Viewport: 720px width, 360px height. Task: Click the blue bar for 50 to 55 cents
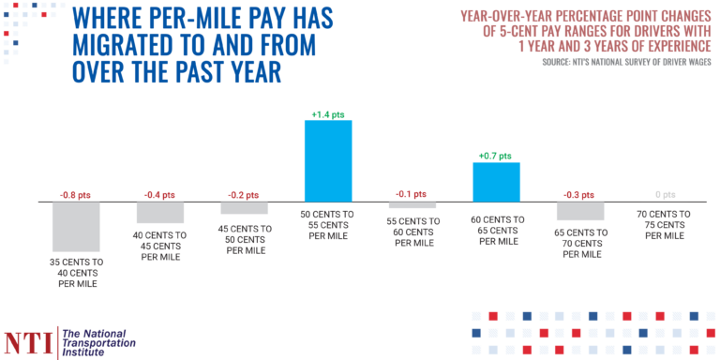[x=328, y=160]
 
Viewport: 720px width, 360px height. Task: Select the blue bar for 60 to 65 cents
[x=496, y=182]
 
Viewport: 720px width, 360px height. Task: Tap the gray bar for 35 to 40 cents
[x=76, y=225]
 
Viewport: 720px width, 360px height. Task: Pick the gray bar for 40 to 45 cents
[x=160, y=213]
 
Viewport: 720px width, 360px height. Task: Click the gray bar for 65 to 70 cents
[x=579, y=211]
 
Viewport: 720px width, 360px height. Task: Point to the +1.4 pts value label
[x=328, y=114]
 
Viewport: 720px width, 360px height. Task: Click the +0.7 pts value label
[x=496, y=156]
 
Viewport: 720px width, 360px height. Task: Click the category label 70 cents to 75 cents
[x=664, y=226]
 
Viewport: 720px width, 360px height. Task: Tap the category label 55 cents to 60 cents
[x=412, y=231]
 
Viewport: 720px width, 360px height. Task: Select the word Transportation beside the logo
[x=97, y=343]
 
